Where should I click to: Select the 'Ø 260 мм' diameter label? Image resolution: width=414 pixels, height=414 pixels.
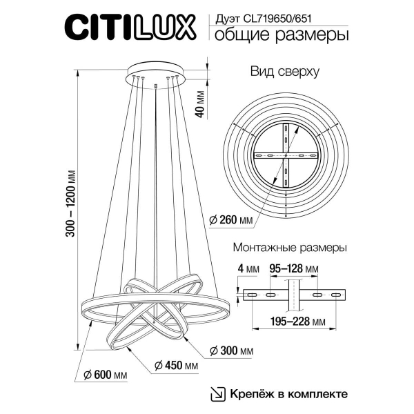click(x=233, y=221)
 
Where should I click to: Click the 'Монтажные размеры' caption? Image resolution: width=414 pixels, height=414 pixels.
click(x=290, y=246)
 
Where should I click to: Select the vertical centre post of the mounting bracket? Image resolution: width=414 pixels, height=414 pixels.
click(x=293, y=295)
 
